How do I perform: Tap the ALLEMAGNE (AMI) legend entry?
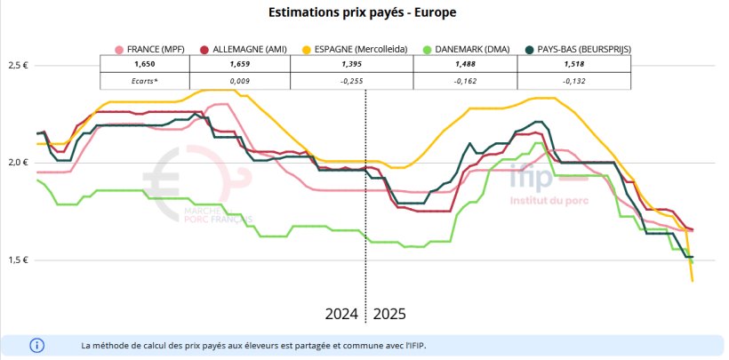243,50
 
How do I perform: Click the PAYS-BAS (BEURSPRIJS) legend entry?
582,50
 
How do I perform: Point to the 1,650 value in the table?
144,66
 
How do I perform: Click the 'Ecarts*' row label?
144,81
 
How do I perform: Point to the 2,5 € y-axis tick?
19,66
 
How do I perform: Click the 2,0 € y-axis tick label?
19,163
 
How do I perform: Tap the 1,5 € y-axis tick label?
19,260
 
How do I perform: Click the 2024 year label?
341,315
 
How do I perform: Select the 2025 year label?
390,315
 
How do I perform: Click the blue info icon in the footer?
36,344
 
